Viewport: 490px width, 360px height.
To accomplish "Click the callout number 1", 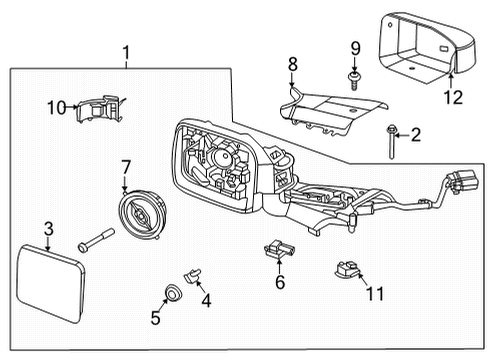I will click(125, 51).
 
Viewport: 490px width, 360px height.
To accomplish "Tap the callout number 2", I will click(416, 135).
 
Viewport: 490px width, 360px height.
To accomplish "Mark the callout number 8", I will click(292, 64).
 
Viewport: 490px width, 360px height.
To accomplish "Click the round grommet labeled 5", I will click(172, 293).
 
